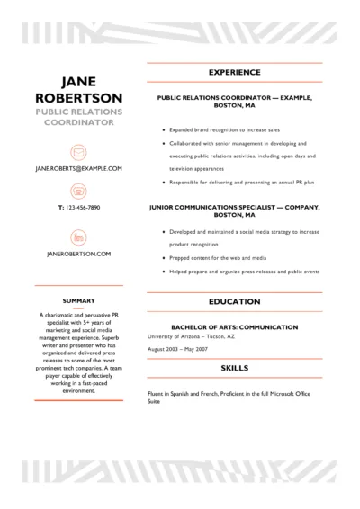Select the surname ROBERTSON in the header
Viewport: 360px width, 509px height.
click(78, 97)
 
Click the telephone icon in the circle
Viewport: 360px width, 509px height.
click(78, 191)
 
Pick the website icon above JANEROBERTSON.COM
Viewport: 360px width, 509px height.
click(78, 237)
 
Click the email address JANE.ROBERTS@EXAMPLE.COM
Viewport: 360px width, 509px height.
click(78, 168)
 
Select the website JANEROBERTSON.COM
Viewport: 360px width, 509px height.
click(78, 254)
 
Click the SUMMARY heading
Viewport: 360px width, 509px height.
click(78, 299)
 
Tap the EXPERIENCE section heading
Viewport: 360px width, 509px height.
click(234, 72)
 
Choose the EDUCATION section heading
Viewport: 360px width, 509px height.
click(234, 302)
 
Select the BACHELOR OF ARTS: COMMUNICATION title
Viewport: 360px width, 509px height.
click(234, 326)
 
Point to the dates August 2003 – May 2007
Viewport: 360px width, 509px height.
click(176, 347)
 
